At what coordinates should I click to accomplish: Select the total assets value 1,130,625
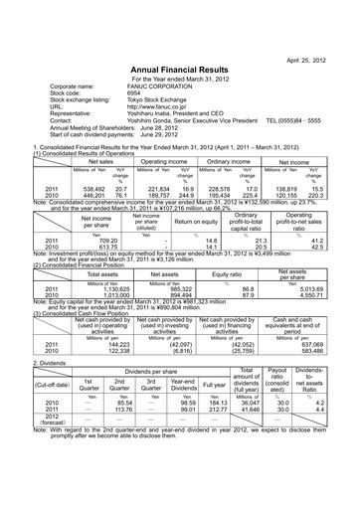[x=96, y=261]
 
